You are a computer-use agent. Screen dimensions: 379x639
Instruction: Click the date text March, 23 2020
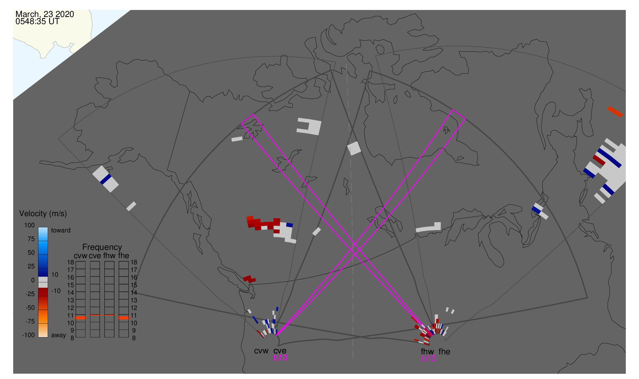click(45, 14)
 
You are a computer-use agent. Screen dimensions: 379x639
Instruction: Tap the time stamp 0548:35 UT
click(37, 22)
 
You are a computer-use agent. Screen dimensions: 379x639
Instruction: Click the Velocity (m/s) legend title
click(43, 214)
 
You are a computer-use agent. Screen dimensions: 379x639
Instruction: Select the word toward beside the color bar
click(61, 230)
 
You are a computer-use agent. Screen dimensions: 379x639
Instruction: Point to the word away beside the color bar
click(59, 335)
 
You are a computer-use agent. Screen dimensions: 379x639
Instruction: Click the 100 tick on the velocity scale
click(29, 225)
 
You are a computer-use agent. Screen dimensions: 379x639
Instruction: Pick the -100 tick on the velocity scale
click(28, 335)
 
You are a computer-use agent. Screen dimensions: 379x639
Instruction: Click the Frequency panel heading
click(102, 247)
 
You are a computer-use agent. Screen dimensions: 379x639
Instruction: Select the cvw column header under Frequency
click(80, 256)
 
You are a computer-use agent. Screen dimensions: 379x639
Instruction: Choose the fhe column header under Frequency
click(124, 256)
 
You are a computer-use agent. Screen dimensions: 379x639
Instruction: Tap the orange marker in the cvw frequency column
click(81, 318)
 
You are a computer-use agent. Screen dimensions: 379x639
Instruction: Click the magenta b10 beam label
click(280, 358)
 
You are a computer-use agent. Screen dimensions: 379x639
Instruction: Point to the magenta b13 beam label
click(429, 358)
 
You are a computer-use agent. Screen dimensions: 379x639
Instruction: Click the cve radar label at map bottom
click(280, 351)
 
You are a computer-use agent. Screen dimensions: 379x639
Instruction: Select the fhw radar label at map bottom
click(427, 352)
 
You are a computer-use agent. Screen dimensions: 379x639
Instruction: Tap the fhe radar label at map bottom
click(444, 352)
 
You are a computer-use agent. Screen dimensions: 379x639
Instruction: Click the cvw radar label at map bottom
click(261, 351)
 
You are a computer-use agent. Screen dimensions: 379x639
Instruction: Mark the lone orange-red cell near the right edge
click(615, 112)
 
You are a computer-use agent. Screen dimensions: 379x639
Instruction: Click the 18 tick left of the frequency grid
click(71, 262)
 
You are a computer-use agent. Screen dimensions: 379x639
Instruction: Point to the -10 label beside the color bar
click(56, 291)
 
